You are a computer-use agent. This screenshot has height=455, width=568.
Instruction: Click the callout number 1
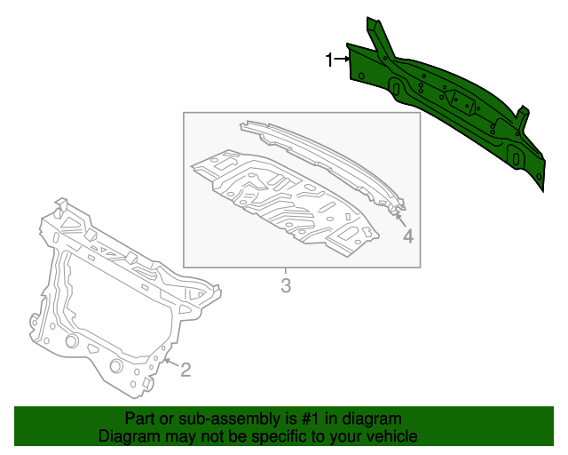pos(328,60)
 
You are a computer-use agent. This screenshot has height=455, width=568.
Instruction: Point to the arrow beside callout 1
pos(341,60)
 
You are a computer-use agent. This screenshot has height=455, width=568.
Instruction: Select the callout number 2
pos(185,370)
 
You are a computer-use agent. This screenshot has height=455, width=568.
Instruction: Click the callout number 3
pos(285,286)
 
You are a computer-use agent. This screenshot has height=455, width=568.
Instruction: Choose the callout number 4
pos(407,237)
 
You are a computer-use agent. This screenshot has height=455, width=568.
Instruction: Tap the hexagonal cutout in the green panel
pos(461,100)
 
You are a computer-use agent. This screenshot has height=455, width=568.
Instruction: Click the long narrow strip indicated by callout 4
pos(324,164)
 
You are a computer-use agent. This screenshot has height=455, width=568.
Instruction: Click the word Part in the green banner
pos(141,419)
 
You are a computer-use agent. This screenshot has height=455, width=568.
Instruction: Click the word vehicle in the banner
pos(389,436)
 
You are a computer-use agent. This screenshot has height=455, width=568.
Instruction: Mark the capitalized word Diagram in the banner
pos(128,436)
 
